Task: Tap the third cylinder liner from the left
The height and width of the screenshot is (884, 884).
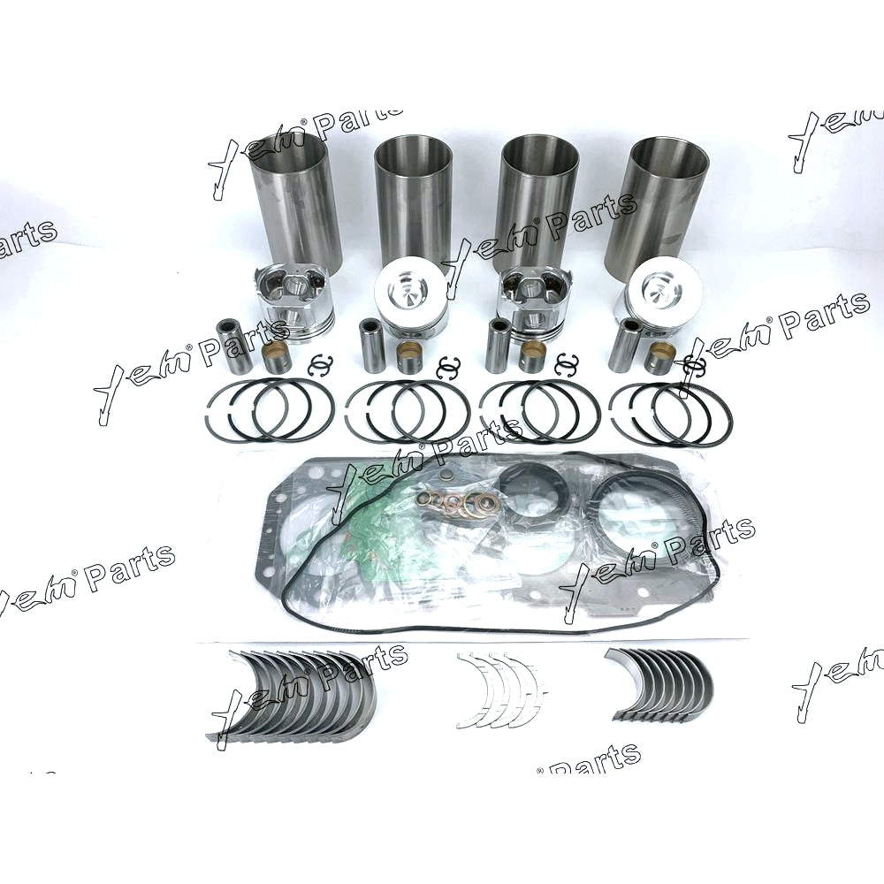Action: (x=536, y=200)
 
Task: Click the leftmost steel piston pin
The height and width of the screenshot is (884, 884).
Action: (x=233, y=346)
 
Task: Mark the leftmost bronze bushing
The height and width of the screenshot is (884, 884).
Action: (x=277, y=356)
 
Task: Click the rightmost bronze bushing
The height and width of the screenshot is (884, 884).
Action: (x=659, y=358)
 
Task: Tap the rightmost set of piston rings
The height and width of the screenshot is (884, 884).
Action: (x=671, y=412)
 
